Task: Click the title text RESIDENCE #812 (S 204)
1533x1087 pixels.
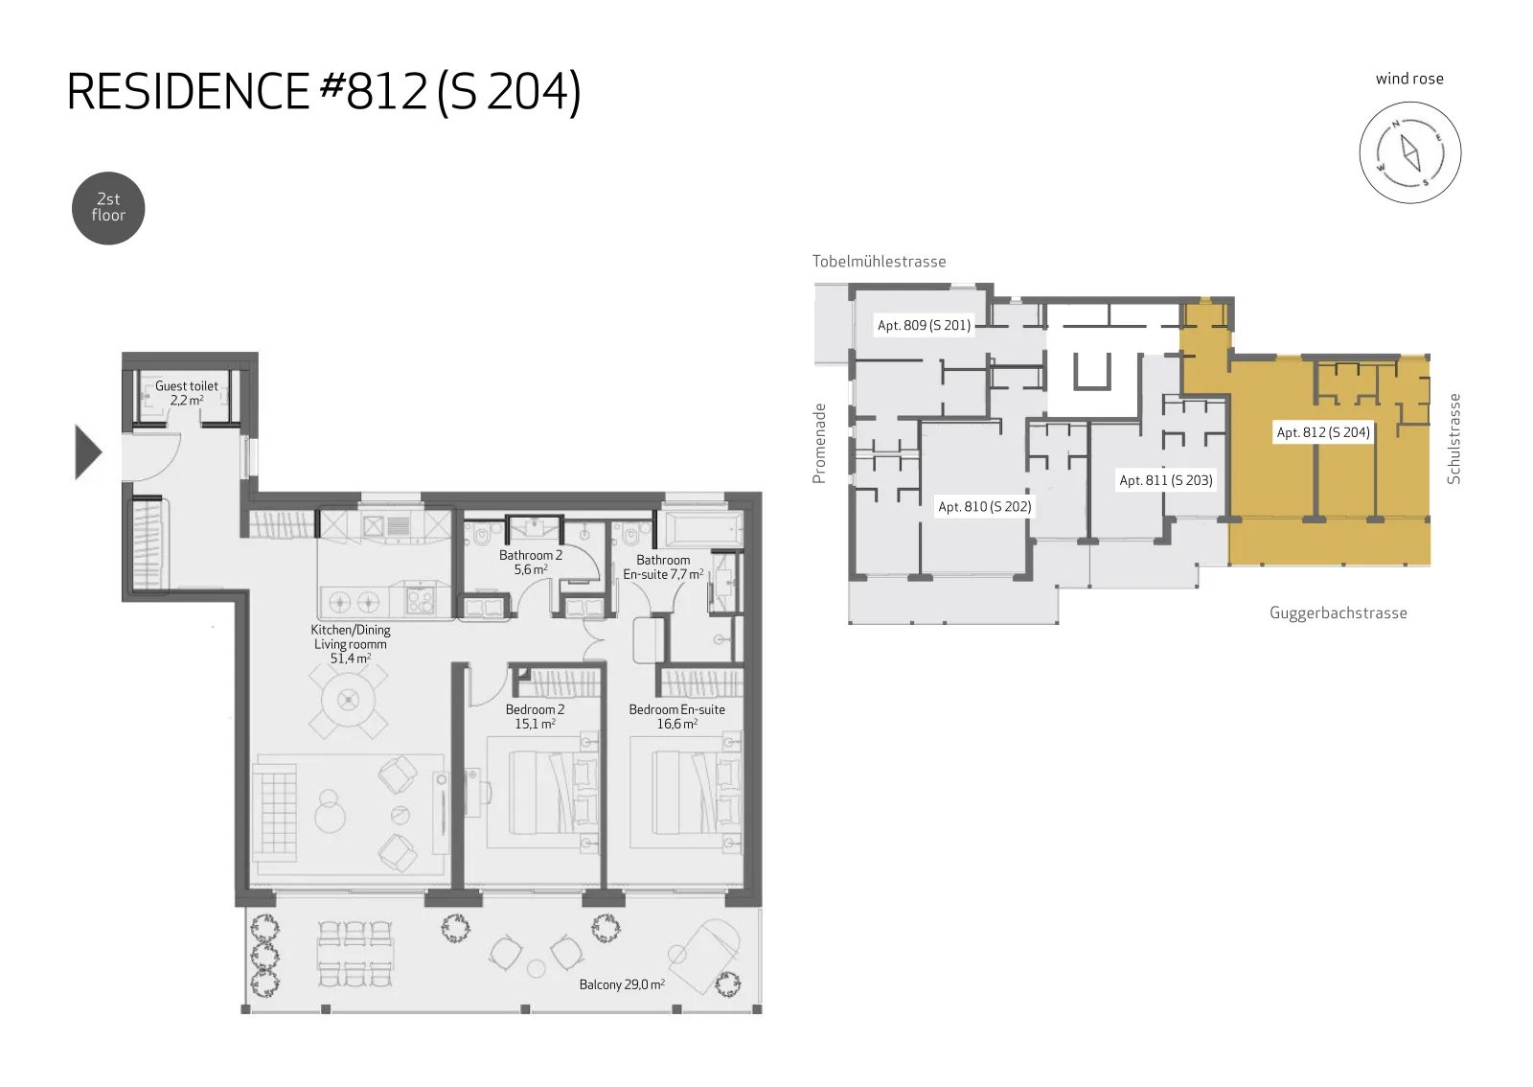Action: [x=324, y=92]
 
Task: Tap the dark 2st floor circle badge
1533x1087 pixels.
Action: [x=108, y=208]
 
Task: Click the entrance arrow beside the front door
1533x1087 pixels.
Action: [x=87, y=451]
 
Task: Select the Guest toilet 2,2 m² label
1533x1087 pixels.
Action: [x=186, y=393]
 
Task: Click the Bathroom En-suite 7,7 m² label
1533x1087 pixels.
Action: [x=663, y=567]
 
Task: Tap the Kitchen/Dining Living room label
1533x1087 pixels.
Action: [x=351, y=644]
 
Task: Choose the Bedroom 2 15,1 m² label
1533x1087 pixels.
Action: [x=535, y=717]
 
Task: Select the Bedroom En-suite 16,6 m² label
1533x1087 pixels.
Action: [x=676, y=717]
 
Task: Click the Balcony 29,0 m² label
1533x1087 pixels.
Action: [x=622, y=984]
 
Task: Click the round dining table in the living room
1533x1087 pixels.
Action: [x=349, y=701]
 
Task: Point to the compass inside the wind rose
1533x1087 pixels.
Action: [x=1409, y=152]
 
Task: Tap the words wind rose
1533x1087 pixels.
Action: [x=1409, y=79]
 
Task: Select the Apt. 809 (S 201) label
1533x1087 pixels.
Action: [x=924, y=325]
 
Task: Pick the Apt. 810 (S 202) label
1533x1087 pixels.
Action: [x=984, y=506]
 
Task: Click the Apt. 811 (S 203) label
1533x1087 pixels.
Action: [x=1165, y=480]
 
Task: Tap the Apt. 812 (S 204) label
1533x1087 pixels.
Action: [x=1323, y=432]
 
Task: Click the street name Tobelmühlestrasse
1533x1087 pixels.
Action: [x=879, y=262]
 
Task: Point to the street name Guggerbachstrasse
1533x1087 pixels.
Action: [x=1338, y=613]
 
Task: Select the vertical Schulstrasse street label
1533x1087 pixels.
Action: [x=1453, y=439]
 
